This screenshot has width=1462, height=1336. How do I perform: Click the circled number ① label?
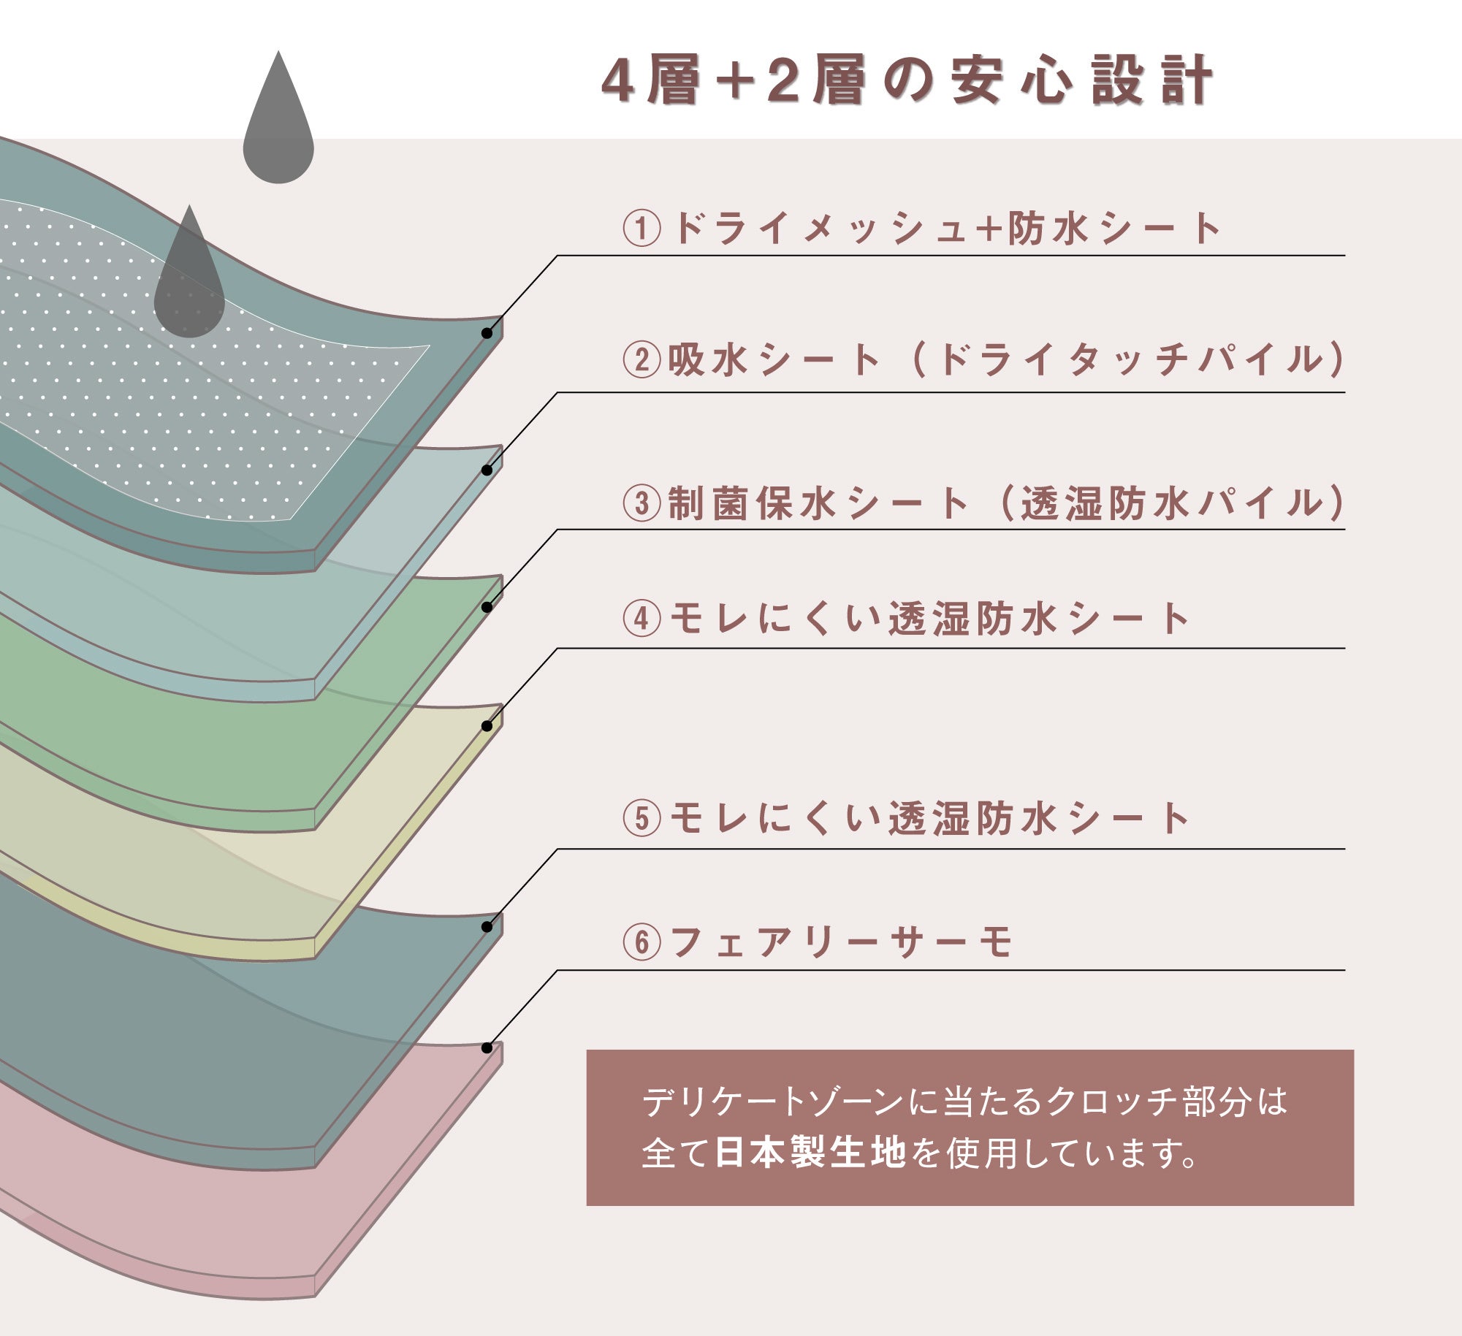coord(641,229)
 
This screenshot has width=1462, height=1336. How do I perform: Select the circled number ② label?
coord(641,360)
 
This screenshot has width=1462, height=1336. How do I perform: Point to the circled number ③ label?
coord(641,503)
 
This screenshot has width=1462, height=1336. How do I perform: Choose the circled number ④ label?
coord(641,619)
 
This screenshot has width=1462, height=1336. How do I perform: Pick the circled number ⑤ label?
coord(641,818)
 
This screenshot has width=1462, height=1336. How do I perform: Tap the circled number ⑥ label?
coord(641,942)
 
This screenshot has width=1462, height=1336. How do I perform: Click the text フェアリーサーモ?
coord(840,942)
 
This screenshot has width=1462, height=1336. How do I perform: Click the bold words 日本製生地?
coord(810,1153)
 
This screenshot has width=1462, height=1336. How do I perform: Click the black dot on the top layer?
coord(487,333)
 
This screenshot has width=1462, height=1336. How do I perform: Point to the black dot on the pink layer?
coord(487,1048)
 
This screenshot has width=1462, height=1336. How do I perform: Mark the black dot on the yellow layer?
coord(487,726)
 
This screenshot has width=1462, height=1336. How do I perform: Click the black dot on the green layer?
coord(487,607)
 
